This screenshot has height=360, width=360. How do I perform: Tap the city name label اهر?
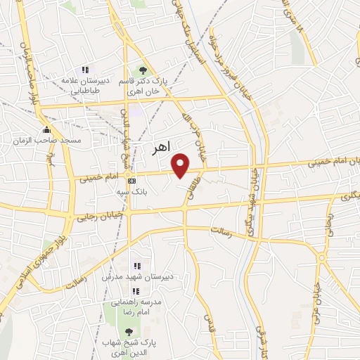[161, 149]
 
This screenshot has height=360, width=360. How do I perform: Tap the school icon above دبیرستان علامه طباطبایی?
[85, 70]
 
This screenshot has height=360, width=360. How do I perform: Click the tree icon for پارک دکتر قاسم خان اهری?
[143, 70]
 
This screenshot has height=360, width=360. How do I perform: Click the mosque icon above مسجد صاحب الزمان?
[47, 129]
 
